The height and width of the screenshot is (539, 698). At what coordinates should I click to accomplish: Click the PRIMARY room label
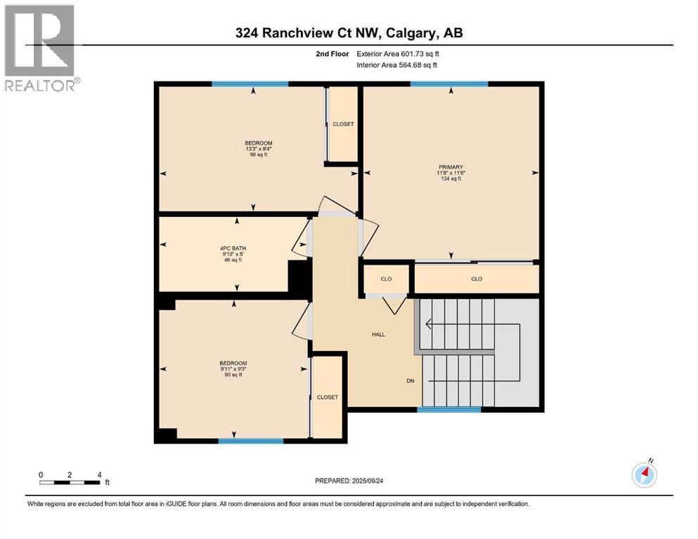click(x=451, y=167)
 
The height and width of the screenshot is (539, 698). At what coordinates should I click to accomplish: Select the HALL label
click(x=378, y=335)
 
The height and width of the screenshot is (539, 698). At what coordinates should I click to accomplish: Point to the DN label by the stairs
click(x=410, y=382)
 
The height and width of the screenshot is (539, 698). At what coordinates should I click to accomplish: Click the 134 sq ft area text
click(x=451, y=179)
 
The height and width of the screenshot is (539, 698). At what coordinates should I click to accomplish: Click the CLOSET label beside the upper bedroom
click(x=343, y=124)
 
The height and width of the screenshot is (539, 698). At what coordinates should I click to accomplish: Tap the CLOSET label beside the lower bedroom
click(x=327, y=397)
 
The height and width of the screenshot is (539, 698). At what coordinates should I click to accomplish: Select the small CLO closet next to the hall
click(x=386, y=279)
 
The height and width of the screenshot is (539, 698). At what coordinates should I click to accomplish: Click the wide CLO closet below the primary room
click(x=477, y=279)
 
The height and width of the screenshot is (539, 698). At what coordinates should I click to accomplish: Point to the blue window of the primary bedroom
click(x=449, y=84)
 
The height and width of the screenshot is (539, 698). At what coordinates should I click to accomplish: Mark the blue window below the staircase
click(x=449, y=409)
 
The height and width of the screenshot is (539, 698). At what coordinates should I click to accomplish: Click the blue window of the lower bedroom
click(x=250, y=441)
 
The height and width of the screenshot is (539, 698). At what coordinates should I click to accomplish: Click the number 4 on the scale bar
click(x=99, y=475)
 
